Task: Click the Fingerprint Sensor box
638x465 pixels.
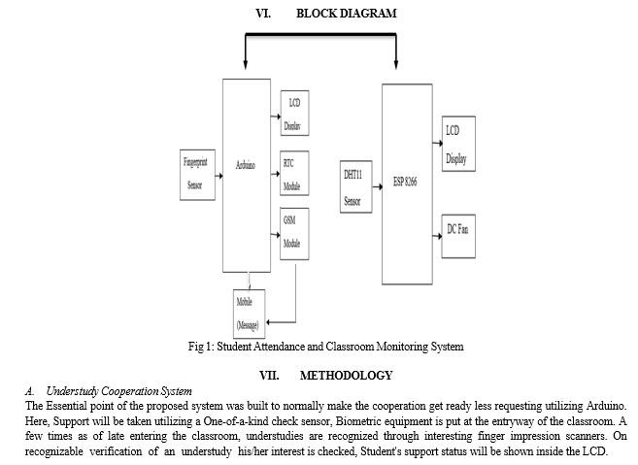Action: click(x=197, y=175)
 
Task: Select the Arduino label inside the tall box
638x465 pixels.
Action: click(x=246, y=165)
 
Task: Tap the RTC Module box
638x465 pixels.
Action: click(x=294, y=174)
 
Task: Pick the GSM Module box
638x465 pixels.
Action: click(x=294, y=234)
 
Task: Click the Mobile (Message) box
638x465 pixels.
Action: click(x=249, y=315)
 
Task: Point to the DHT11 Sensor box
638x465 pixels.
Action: click(x=356, y=186)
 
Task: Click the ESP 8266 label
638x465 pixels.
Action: click(x=405, y=182)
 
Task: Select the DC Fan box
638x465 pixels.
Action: click(x=458, y=236)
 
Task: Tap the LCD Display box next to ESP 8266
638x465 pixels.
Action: click(x=458, y=144)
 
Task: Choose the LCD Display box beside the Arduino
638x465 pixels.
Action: click(x=294, y=114)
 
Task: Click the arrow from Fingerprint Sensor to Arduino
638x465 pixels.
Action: click(x=218, y=176)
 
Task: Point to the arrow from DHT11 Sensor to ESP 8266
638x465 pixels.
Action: click(x=377, y=186)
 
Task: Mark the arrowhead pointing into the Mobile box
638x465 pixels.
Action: click(x=269, y=322)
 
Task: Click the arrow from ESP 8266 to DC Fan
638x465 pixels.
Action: click(x=437, y=236)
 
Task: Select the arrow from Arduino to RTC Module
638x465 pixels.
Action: click(x=276, y=174)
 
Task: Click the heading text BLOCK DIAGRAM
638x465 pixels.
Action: click(x=347, y=14)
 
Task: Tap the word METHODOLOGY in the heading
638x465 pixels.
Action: click(x=347, y=375)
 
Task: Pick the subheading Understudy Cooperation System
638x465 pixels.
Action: click(x=118, y=391)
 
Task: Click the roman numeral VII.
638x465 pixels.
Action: click(x=269, y=375)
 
